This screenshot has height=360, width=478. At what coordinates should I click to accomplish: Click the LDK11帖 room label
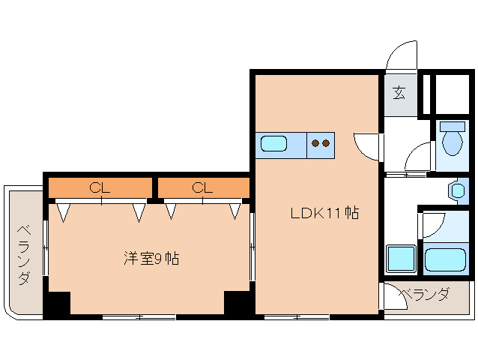325,213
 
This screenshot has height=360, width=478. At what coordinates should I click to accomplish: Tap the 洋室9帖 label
151,259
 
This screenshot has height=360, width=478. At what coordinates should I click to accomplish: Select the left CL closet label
100,187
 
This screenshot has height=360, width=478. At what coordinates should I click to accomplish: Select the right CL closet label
202,187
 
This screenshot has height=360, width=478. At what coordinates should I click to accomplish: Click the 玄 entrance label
399,93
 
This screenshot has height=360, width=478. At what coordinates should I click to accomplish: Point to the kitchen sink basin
273,143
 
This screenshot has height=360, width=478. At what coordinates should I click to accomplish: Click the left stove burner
315,142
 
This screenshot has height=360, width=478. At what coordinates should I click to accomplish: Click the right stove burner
326,142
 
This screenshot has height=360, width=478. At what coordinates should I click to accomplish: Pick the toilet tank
453,126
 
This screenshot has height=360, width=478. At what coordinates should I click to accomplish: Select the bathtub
445,259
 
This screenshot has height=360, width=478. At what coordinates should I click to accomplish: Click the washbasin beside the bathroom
458,191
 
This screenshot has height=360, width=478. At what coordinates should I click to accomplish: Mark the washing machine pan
401,258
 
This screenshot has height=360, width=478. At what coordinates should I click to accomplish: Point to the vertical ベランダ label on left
25,255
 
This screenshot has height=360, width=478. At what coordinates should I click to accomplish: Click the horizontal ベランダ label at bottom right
424,294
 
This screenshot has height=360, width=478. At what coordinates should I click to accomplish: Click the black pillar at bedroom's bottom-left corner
57,304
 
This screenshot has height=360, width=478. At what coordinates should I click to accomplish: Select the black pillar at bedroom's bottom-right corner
238,303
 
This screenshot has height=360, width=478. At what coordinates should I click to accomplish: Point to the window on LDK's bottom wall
297,317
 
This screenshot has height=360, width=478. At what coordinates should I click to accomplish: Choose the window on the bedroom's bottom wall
139,317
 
